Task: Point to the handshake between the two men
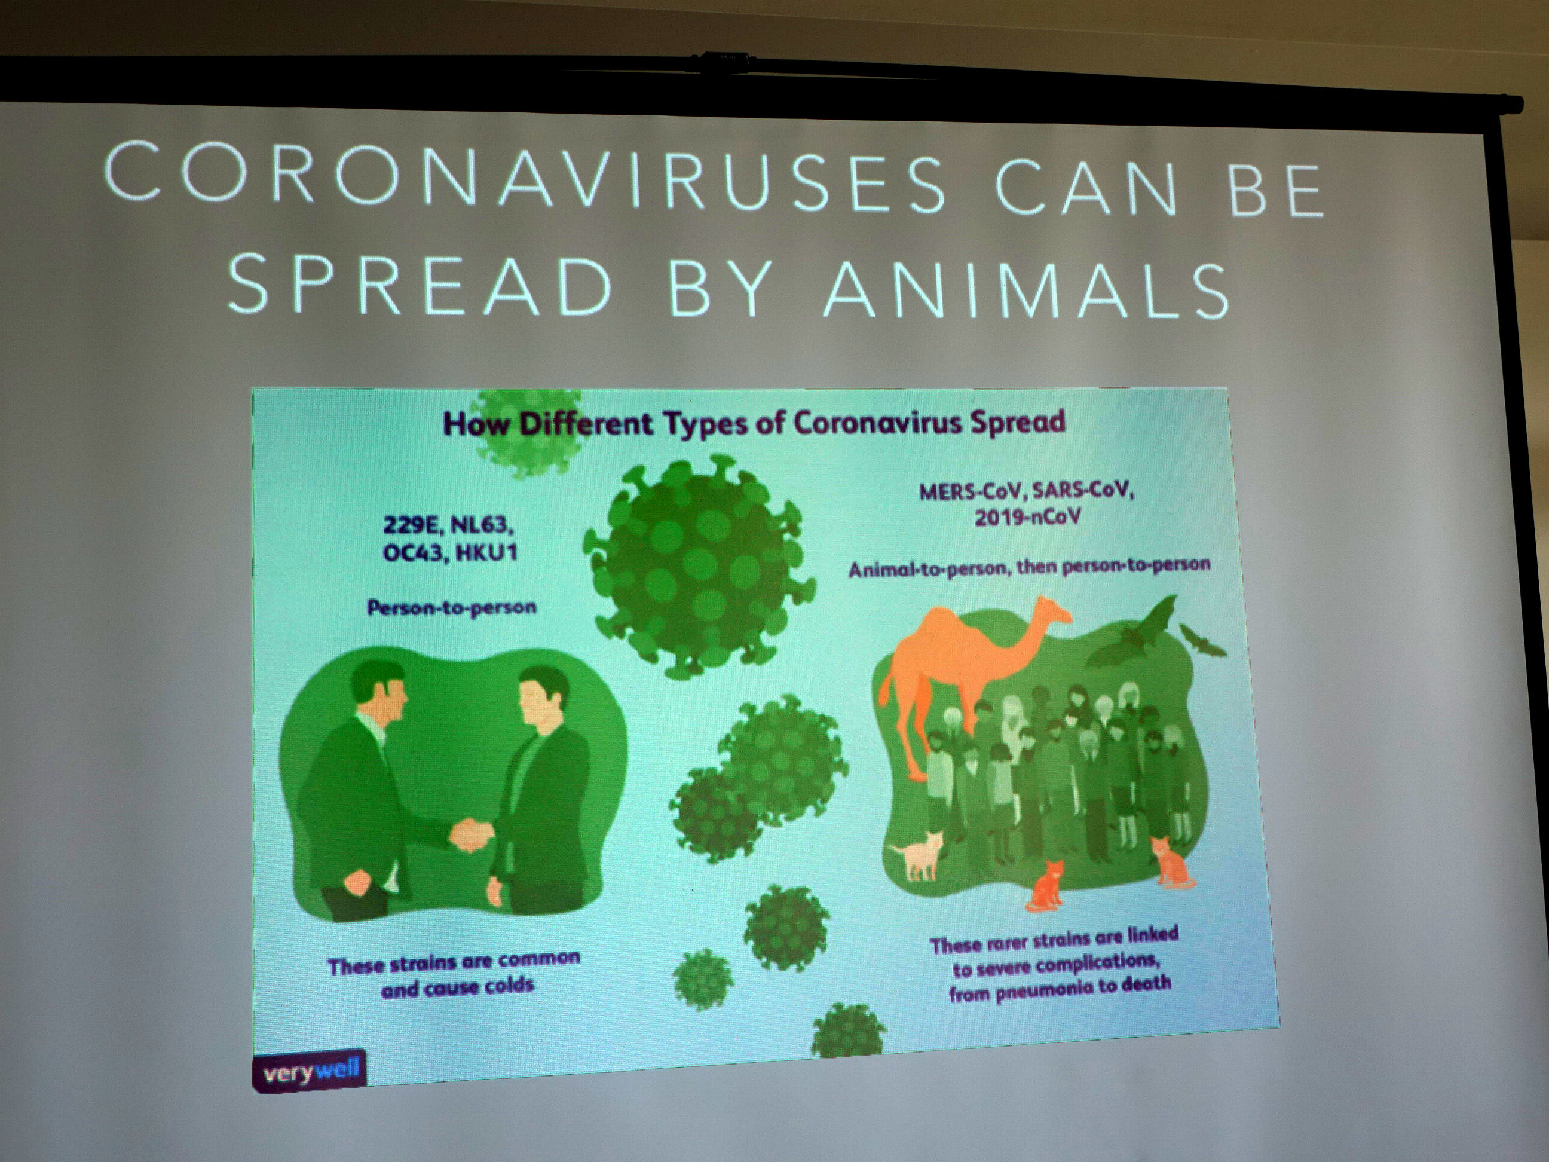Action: (x=473, y=834)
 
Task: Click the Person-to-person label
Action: (x=452, y=607)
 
